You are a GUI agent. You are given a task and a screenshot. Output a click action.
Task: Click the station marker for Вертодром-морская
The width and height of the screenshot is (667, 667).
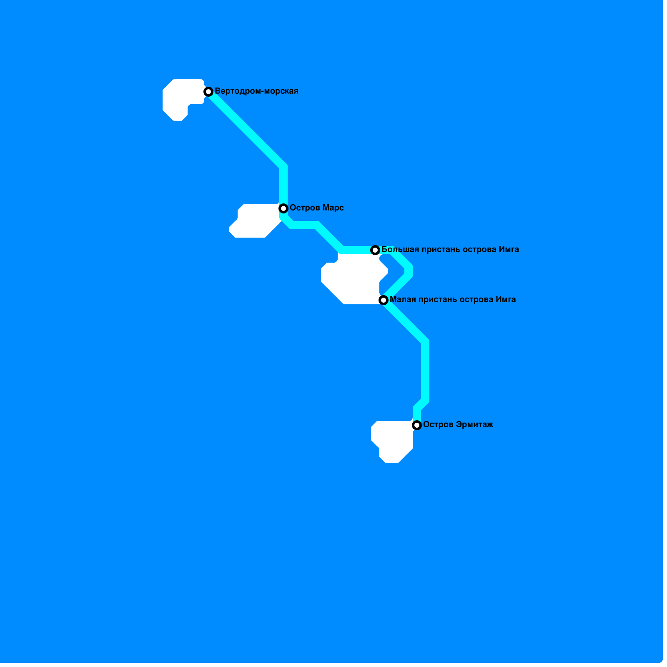[x=208, y=92]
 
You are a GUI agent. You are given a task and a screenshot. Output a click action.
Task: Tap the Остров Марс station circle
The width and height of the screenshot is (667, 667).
[x=283, y=208]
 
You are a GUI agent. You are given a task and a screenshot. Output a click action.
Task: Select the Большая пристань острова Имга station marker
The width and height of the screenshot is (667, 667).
[x=375, y=250]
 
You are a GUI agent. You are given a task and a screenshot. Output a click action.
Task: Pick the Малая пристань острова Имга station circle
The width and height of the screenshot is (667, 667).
[x=384, y=300]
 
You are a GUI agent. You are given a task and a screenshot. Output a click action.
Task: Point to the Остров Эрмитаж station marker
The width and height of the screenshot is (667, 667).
[x=417, y=425]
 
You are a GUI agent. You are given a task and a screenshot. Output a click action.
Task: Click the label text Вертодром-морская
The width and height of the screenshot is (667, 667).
[x=256, y=91]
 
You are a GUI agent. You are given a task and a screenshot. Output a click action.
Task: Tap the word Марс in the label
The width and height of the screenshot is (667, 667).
[x=332, y=208]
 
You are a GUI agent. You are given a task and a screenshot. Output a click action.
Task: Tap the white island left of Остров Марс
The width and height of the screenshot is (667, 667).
[x=256, y=221]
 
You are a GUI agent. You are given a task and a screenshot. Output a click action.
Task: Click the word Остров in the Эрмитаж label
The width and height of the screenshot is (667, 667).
[x=438, y=425]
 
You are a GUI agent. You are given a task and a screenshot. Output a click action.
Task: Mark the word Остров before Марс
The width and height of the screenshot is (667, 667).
[x=305, y=208]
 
